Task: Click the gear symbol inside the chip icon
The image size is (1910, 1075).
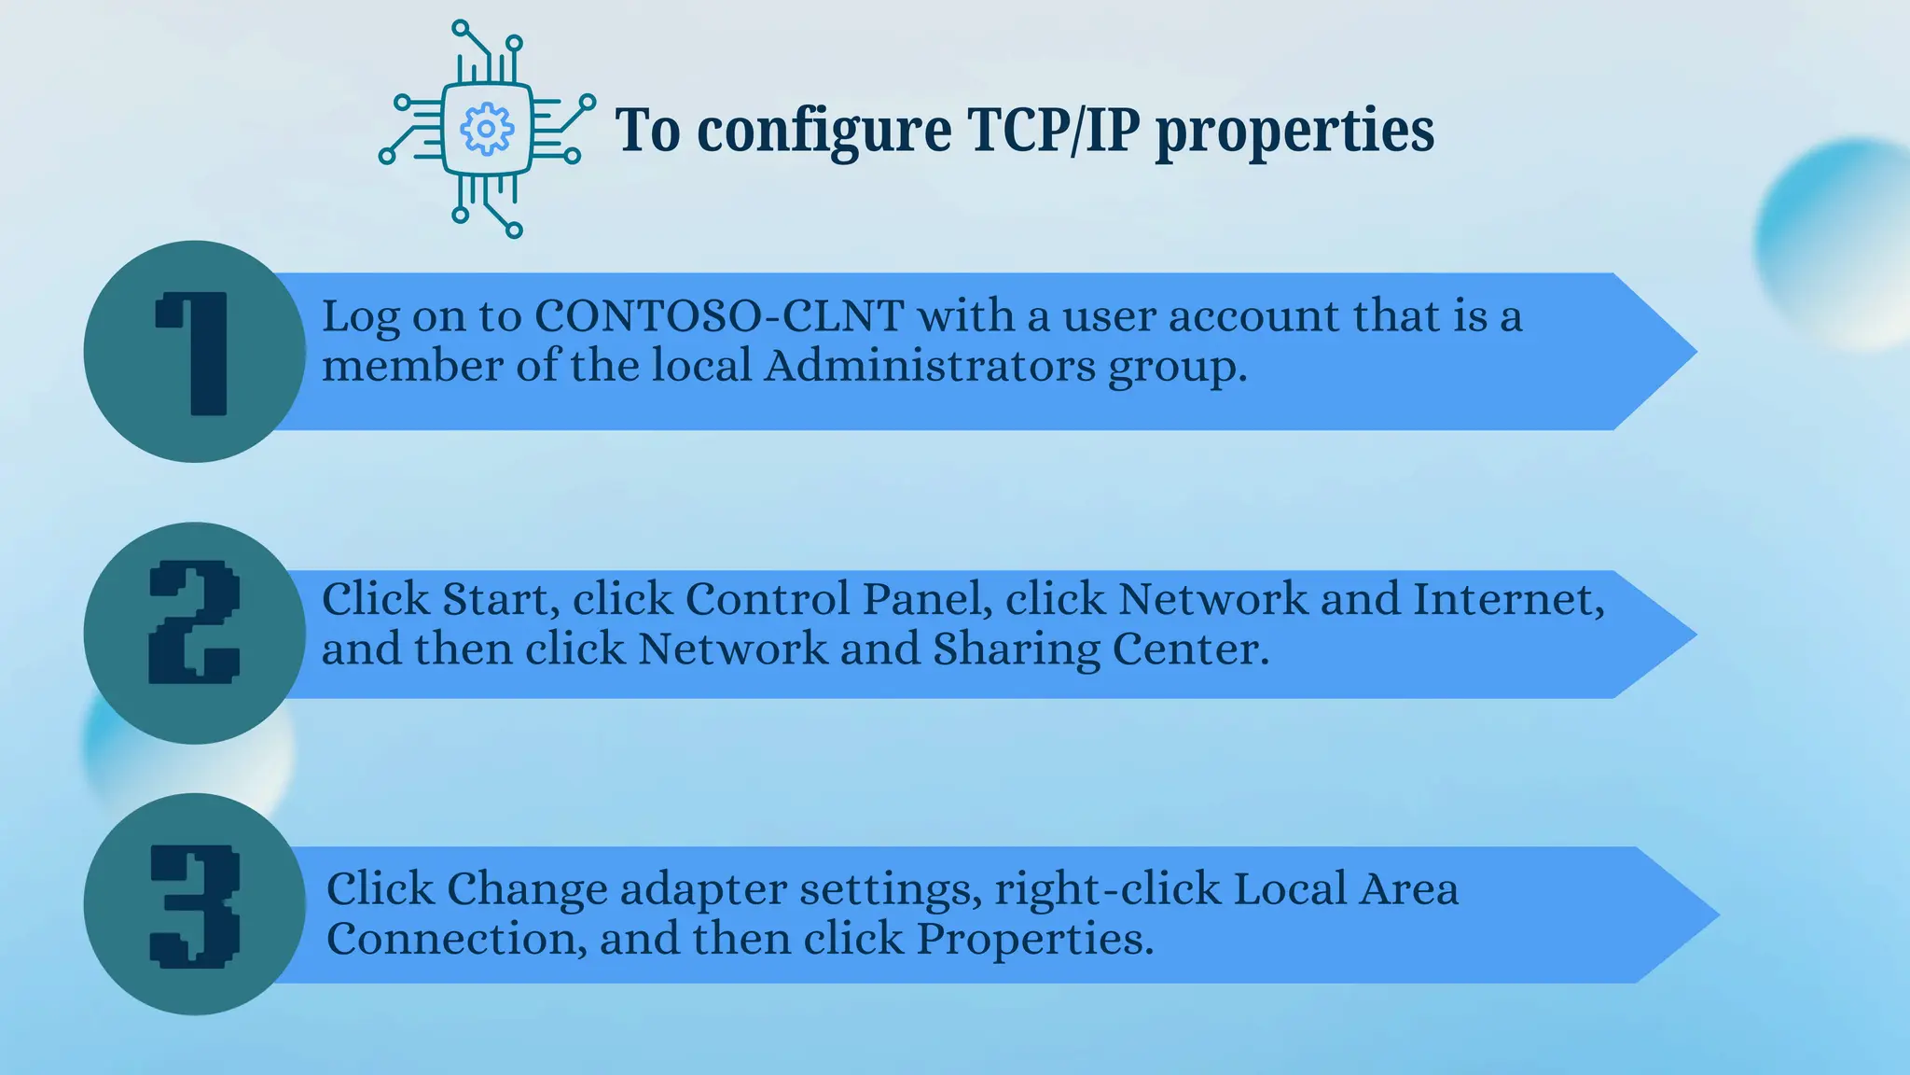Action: [486, 129]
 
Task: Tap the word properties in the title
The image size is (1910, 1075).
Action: [1294, 131]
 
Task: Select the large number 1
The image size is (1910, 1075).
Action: [194, 353]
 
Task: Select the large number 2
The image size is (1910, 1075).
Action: [194, 621]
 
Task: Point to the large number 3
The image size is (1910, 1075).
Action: [194, 905]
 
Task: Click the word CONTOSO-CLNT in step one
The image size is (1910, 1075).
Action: [719, 315]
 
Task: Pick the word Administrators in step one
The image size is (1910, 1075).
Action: [930, 365]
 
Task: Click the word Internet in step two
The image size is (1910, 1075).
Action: [1508, 599]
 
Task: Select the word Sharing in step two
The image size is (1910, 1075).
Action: [1017, 649]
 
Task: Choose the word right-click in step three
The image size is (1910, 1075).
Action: [1108, 889]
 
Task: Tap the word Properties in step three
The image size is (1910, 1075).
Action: [1034, 939]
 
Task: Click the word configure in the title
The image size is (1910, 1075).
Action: [824, 131]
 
